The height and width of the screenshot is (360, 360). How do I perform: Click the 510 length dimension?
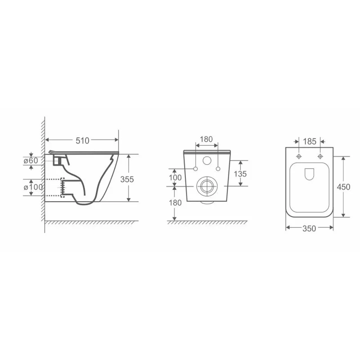[82, 140]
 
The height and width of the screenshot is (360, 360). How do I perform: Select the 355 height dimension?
[127, 179]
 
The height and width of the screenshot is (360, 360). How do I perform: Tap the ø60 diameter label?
[31, 161]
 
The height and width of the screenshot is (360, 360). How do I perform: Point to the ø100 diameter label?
[33, 187]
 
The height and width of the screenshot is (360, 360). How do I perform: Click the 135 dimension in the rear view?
[240, 174]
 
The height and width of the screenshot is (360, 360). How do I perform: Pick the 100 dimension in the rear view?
[175, 177]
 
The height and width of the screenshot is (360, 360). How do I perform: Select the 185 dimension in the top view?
[310, 141]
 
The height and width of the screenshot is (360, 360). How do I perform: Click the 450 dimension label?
[343, 187]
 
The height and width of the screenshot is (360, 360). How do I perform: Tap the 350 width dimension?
[309, 229]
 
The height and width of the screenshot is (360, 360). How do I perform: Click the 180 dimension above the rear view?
[206, 139]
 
